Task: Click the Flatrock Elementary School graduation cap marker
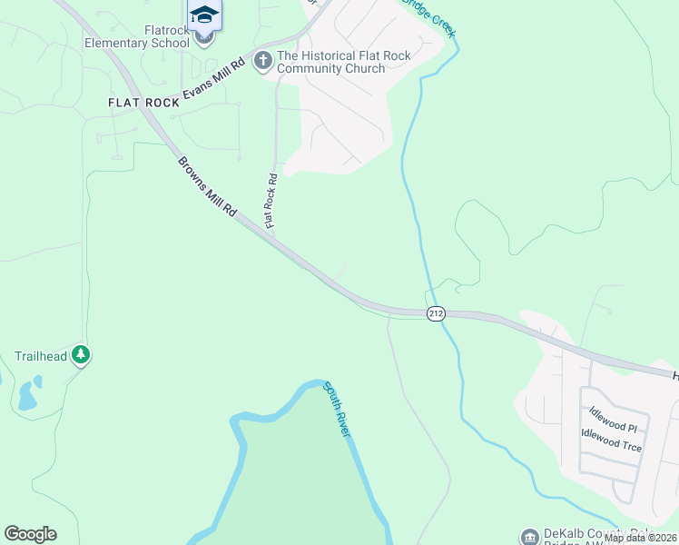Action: point(204,16)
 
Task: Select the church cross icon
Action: point(263,62)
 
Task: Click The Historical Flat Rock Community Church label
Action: point(344,62)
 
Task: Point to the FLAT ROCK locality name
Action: point(143,103)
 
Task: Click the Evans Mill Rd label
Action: point(214,81)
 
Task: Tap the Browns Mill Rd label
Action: point(207,186)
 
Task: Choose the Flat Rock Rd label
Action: point(271,201)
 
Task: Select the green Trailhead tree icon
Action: point(82,355)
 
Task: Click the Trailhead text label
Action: point(41,356)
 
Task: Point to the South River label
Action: point(337,409)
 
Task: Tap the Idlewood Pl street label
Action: point(613,425)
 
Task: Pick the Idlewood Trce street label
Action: point(615,444)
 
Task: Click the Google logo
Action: point(30,534)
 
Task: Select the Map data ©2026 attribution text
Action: point(640,538)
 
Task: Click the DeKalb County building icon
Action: point(529,537)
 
